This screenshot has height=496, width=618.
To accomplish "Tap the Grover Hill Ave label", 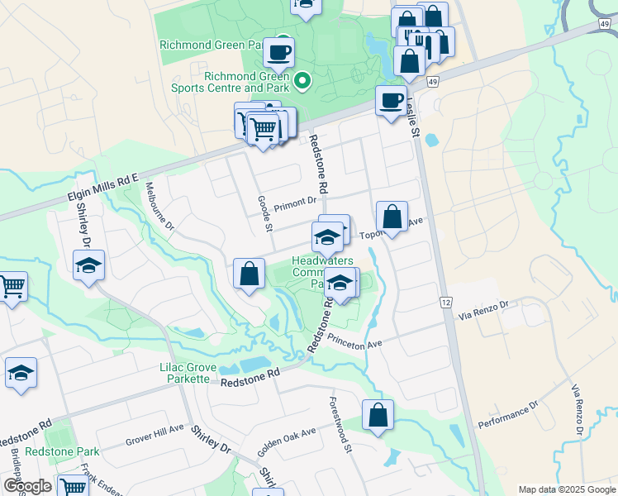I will pyautogui.click(x=154, y=436).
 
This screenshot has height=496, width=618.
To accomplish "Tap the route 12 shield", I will pyautogui.click(x=445, y=303).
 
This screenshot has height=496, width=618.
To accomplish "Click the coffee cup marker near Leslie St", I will pyautogui.click(x=391, y=101).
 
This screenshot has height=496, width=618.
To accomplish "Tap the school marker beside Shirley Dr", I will pyautogui.click(x=88, y=265).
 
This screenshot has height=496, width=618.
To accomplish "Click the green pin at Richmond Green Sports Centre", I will pyautogui.click(x=302, y=80).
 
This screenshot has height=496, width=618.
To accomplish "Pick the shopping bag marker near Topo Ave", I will pyautogui.click(x=392, y=217).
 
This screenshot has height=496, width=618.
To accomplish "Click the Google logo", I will pyautogui.click(x=27, y=486).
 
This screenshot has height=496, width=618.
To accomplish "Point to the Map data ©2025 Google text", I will pyautogui.click(x=566, y=489).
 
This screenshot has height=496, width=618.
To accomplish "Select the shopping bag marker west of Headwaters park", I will pyautogui.click(x=249, y=274).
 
